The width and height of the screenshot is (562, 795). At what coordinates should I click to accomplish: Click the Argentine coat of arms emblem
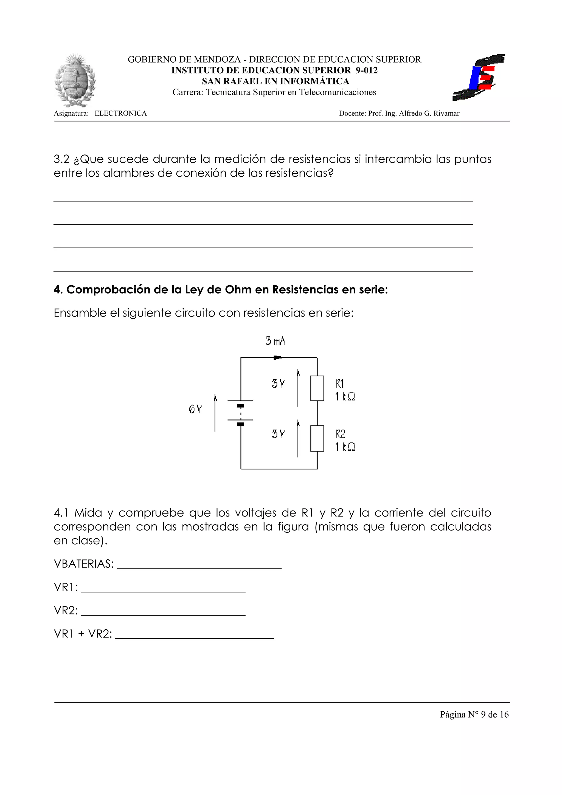coord(75,80)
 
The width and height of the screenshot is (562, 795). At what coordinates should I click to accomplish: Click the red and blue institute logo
coord(479,78)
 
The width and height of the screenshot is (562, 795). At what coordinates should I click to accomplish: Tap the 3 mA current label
coord(275,341)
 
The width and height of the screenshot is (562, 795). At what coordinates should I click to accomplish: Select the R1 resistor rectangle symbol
coord(317,388)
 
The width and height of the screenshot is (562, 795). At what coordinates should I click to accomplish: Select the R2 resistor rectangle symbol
coord(317,438)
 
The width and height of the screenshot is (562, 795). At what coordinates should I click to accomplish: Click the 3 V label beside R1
coord(278,384)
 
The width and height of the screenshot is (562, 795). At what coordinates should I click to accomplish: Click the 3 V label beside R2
coord(278,434)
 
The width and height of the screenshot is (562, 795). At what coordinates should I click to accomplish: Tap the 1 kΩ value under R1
coord(345,396)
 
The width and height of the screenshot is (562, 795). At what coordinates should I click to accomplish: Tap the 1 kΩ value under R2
coord(345,447)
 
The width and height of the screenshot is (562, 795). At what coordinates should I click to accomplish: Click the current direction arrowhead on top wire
coord(277,357)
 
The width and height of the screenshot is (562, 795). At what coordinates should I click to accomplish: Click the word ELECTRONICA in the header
coord(120,114)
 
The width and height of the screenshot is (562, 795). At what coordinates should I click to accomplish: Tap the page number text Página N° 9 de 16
coord(474,714)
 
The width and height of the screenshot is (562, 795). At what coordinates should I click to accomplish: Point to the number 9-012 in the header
coord(366,70)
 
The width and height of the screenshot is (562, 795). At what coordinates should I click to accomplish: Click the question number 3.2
coord(62,159)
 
